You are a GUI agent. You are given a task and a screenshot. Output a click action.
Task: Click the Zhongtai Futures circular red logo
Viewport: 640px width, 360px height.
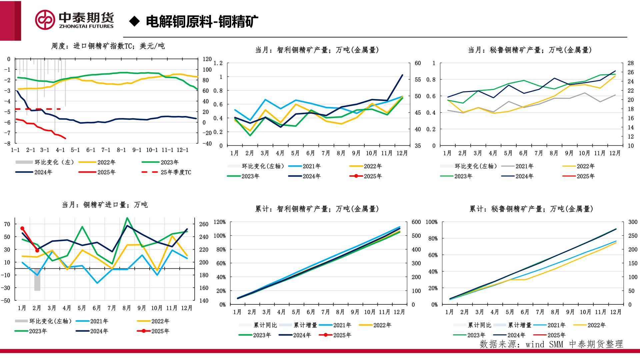pos(45,20)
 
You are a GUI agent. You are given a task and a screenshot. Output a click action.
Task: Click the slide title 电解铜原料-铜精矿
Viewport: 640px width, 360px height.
pos(202,22)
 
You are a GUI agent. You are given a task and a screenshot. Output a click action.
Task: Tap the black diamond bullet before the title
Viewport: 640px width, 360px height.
pos(134,21)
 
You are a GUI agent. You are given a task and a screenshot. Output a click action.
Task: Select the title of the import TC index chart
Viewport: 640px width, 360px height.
pos(108,46)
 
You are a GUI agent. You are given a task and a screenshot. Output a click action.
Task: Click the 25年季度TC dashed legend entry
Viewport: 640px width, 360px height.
pos(167,172)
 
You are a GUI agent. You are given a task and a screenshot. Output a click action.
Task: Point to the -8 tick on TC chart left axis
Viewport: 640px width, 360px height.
pos(7,143)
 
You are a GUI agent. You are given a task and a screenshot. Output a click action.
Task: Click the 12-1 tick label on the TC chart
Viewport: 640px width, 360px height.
pos(182,150)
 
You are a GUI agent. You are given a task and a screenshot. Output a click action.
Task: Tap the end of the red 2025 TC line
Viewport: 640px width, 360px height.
pos(65,138)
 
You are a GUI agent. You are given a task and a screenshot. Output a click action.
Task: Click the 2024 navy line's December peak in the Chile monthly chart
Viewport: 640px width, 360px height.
pos(402,75)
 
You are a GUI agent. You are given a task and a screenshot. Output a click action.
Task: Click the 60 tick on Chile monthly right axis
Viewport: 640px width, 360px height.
pos(418,63)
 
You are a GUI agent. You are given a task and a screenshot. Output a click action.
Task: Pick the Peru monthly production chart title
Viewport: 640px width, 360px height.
pos(530,50)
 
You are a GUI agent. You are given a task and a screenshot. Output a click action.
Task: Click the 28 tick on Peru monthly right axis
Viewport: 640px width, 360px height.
pos(631,63)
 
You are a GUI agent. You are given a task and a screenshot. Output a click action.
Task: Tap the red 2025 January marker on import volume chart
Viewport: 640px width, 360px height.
pos(22,228)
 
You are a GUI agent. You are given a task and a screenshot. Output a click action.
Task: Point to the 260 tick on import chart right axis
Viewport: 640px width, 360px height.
pos(204,224)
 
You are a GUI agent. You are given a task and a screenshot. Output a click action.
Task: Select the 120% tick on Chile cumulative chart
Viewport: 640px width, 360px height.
pos(219,222)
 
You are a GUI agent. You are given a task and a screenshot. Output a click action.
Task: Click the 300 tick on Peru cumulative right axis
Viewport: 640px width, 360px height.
pos(633,222)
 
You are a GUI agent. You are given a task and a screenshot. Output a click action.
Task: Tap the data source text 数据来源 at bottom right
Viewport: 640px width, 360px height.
pos(551,344)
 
